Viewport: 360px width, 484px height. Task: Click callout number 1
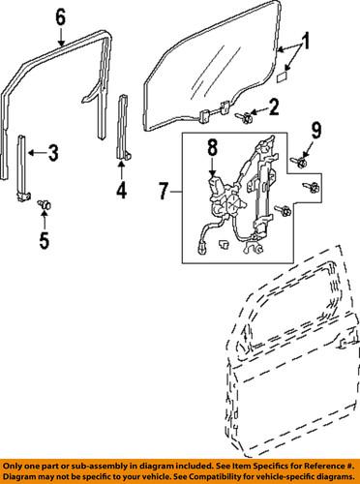[307, 44]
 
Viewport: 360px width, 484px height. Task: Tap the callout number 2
[273, 106]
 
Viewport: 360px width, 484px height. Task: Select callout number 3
[53, 153]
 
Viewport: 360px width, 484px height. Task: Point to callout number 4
[122, 191]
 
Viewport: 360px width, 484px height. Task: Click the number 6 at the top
[60, 16]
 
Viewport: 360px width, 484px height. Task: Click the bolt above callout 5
[43, 206]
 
